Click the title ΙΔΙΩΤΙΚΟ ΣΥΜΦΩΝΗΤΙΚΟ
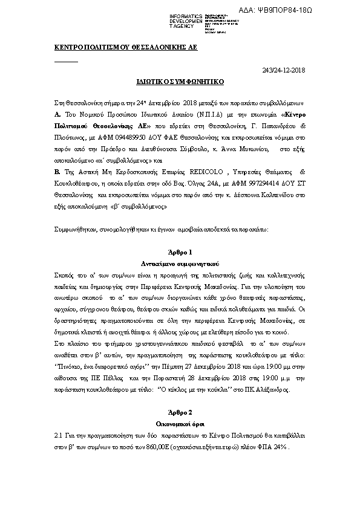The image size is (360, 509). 180,80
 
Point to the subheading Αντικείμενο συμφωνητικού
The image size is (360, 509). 180,264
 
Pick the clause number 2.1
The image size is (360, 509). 59,436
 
